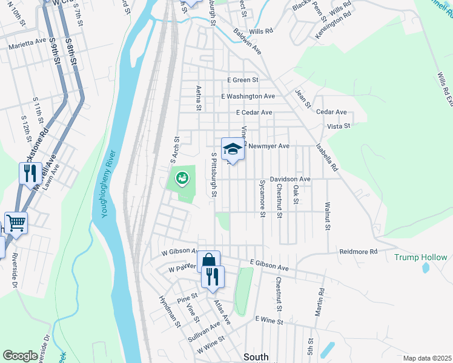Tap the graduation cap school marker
233,149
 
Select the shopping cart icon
16,222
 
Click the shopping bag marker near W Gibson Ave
208,260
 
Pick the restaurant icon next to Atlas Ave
213,276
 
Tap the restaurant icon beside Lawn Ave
30,173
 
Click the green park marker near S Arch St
181,178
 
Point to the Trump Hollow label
421,257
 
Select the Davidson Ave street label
290,179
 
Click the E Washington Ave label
248,96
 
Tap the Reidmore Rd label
358,251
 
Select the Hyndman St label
170,312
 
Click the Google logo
21,356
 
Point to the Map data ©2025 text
427,358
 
